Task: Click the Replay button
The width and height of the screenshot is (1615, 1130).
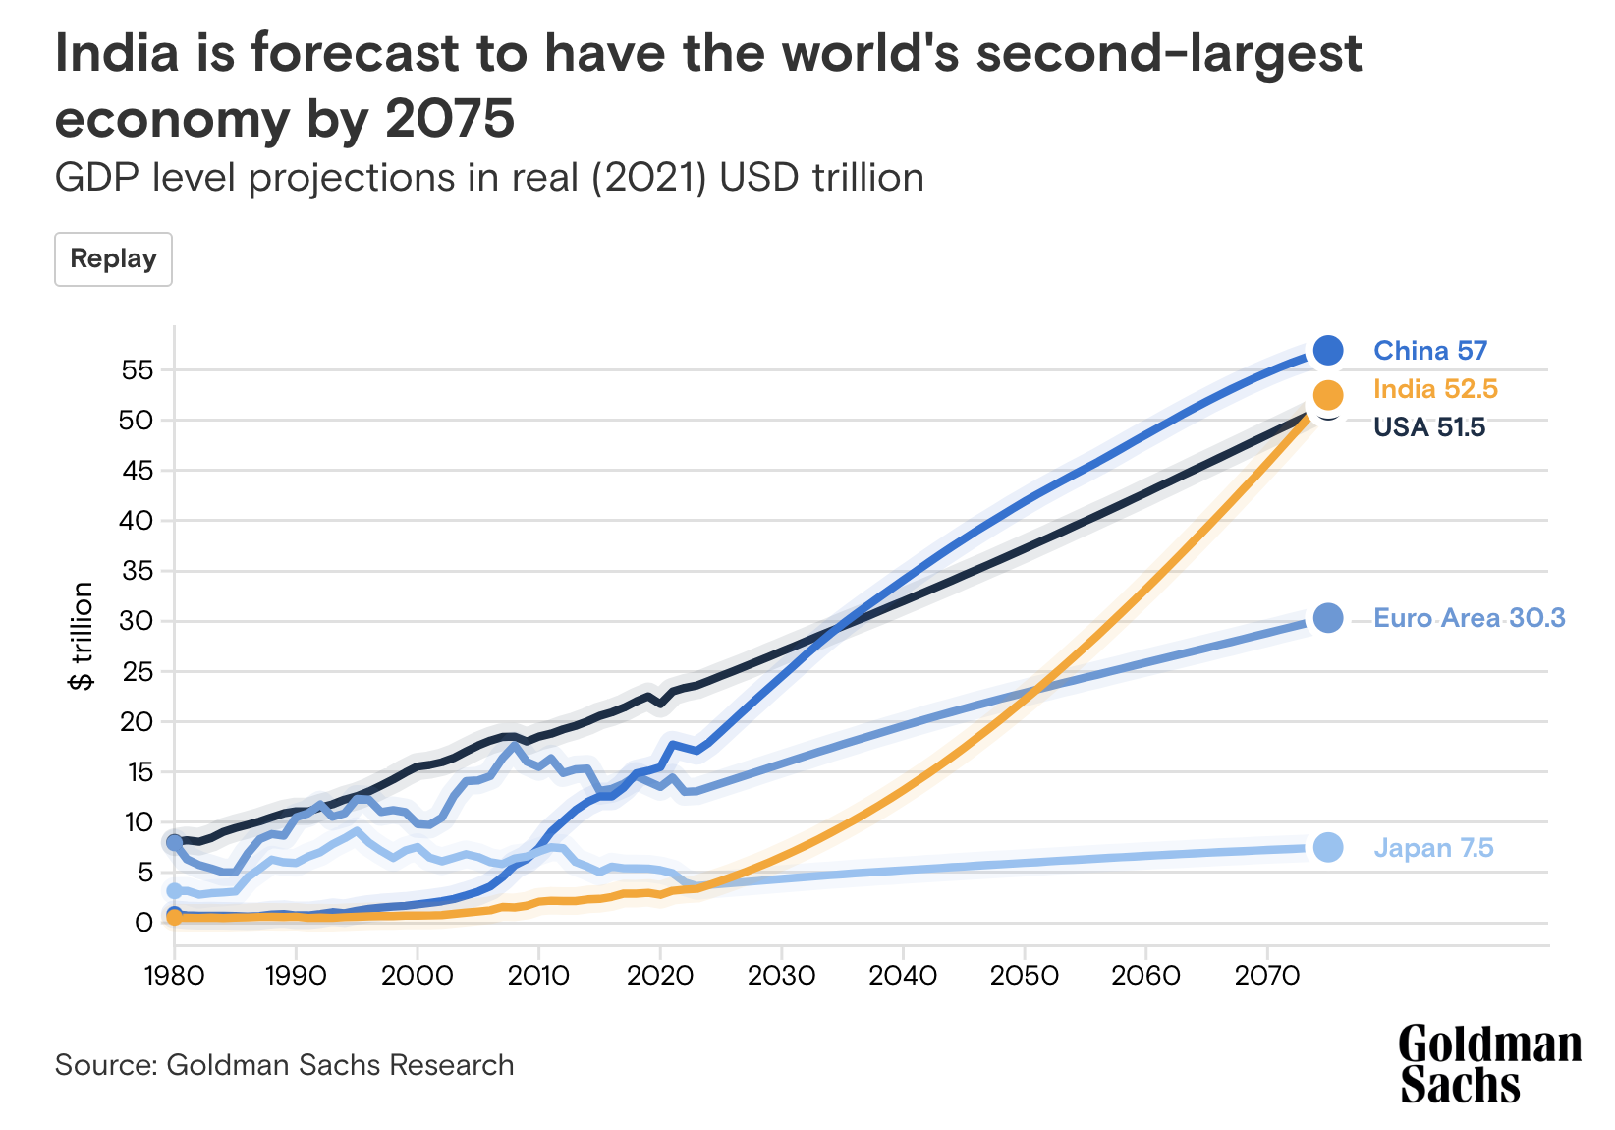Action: click(113, 259)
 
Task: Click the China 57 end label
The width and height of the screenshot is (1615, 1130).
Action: click(1429, 351)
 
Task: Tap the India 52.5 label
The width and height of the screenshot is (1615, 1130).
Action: click(1434, 389)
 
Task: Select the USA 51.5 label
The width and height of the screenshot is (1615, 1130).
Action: click(1428, 427)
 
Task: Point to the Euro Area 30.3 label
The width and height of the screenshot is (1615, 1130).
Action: click(1468, 618)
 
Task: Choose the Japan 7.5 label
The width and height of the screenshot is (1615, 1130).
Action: click(1432, 848)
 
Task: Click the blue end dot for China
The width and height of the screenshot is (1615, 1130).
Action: click(1327, 350)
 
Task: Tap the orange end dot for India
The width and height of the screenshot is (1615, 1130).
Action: click(1327, 395)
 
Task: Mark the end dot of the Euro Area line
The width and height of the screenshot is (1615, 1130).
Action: click(1327, 618)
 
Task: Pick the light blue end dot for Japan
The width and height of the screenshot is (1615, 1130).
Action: click(1327, 847)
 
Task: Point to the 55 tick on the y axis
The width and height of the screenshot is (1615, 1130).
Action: click(138, 370)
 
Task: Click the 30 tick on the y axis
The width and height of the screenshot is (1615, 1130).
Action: click(138, 621)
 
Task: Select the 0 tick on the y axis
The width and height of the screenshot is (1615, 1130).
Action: click(144, 922)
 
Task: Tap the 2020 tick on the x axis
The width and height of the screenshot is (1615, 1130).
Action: click(659, 976)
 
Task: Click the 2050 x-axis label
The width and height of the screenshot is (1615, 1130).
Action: click(1024, 976)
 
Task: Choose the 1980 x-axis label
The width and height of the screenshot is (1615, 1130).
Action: click(175, 976)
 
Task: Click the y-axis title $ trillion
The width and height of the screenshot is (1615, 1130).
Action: click(83, 636)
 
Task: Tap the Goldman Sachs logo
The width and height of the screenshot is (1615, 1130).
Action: click(1488, 1065)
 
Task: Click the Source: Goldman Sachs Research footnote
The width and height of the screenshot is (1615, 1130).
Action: click(284, 1065)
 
